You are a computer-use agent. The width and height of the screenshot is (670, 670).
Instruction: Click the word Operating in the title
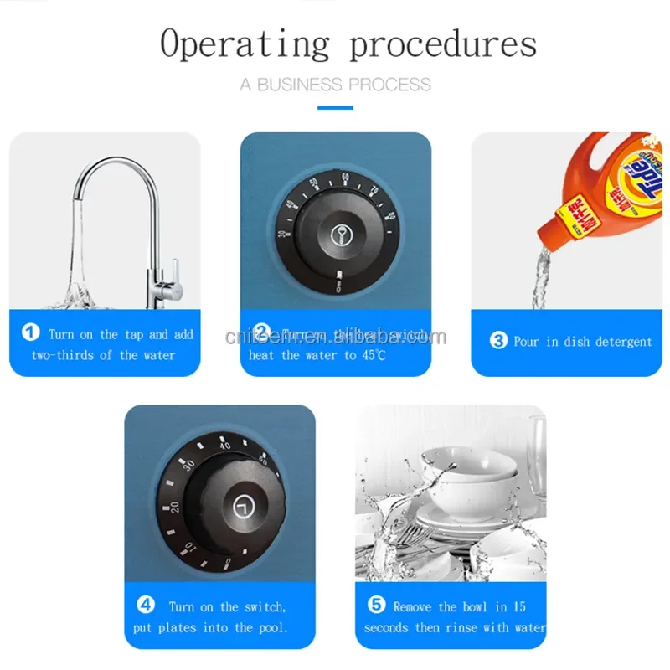pos(245,44)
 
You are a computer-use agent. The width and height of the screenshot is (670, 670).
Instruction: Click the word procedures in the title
pos(442,44)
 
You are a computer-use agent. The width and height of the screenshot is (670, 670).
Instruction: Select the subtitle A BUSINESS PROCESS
pos(335,85)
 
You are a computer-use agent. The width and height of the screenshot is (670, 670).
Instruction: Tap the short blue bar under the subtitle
pos(335,106)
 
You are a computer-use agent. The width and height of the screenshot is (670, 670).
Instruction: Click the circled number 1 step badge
pos(31,333)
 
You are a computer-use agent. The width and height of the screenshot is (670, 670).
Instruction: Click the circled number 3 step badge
pos(498,341)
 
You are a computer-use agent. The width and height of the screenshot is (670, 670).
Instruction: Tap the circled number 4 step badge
pos(146,605)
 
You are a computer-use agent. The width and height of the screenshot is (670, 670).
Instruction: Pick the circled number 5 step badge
pos(376,606)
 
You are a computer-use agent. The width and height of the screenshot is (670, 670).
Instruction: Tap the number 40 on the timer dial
pos(224,445)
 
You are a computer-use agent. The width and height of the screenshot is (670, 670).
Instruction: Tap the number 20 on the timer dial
pos(173,507)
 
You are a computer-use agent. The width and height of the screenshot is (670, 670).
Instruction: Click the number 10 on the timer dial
pos(189,549)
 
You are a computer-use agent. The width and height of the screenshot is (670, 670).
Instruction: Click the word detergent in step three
pos(621,342)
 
